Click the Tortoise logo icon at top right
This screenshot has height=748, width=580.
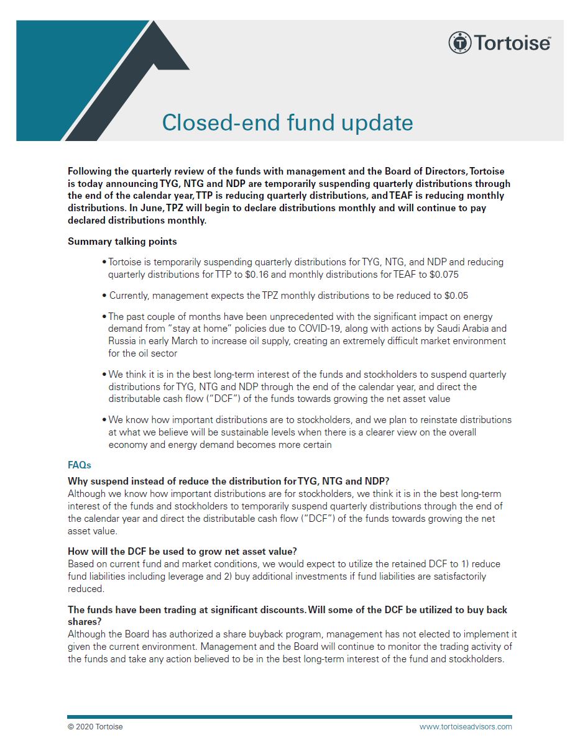coord(459,43)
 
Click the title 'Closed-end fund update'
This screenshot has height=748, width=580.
coord(287,122)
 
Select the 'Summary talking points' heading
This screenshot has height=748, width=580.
coord(122,241)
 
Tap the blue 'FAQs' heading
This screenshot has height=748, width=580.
coord(80,465)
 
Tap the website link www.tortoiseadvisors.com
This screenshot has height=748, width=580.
coord(466,726)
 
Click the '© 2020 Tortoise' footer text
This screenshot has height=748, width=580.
coord(95,726)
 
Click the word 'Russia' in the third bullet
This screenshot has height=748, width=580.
coord(122,340)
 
